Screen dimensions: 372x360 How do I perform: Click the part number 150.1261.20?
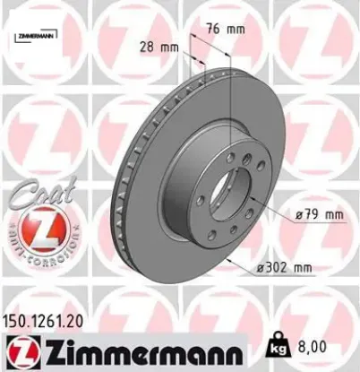(x=50, y=318)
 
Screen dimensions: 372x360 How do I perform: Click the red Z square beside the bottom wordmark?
(x=20, y=350)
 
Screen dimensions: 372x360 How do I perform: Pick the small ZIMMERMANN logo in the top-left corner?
(x=35, y=36)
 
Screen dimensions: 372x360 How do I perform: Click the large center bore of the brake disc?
(x=232, y=192)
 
